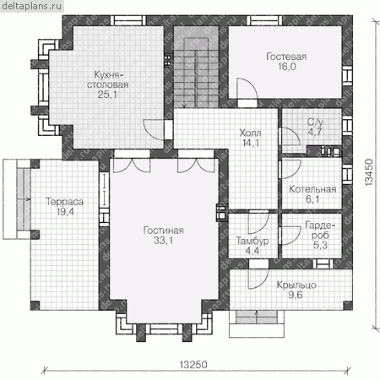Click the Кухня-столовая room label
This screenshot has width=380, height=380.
pos(107,79)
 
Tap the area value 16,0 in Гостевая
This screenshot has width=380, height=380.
pos(287,67)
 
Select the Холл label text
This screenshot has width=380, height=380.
pos(250,133)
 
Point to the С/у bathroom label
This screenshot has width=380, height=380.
pos(315,122)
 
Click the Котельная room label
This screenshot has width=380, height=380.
pos(312,189)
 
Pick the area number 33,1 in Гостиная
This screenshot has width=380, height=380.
pos(163,241)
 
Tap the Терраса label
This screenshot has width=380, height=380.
pos(64,202)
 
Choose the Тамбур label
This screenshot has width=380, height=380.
pos(252,241)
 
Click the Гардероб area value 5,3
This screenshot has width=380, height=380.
pos(320,245)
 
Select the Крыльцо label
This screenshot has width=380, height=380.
pos(296,285)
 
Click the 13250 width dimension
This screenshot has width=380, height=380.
pos(193,365)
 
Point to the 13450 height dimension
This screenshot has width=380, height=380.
pos(369,172)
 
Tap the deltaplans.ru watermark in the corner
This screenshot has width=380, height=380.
pos(31,6)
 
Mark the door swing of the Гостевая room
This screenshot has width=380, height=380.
pos(247,89)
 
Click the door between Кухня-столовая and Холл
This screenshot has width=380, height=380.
pos(154,129)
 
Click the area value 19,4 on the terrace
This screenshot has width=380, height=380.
pos(65,212)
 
